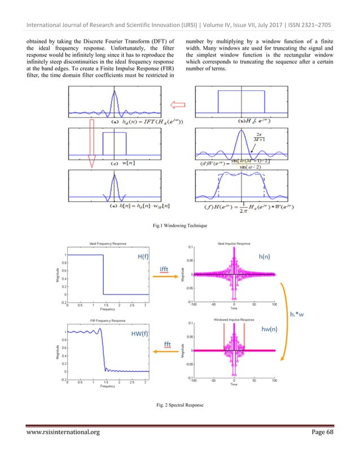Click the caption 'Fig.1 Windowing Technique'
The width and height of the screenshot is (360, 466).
point(179,225)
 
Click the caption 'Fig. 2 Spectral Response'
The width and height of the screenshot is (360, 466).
point(179,405)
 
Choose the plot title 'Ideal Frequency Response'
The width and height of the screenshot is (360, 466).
point(103,244)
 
